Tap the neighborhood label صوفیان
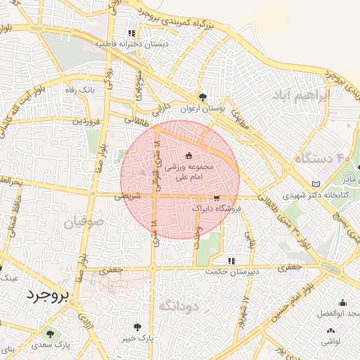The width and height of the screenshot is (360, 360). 84,224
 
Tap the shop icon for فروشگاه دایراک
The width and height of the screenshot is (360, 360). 216,198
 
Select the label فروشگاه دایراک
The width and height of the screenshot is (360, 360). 217,209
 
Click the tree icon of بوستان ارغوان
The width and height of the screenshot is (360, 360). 202,97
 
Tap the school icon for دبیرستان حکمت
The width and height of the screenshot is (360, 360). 232,261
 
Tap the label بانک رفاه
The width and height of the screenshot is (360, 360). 80,90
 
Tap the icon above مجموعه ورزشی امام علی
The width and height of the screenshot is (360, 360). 188,155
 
